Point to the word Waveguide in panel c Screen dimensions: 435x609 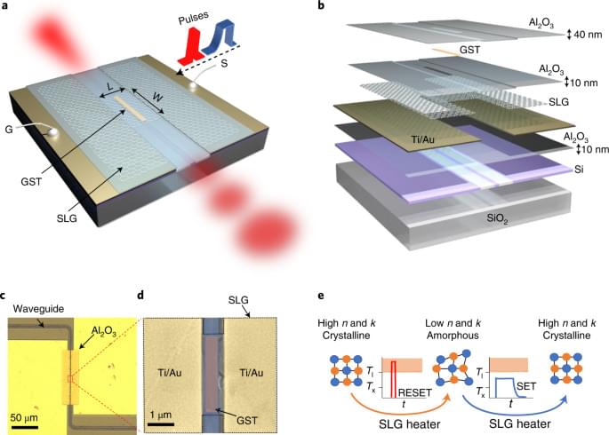coord(34,310)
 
